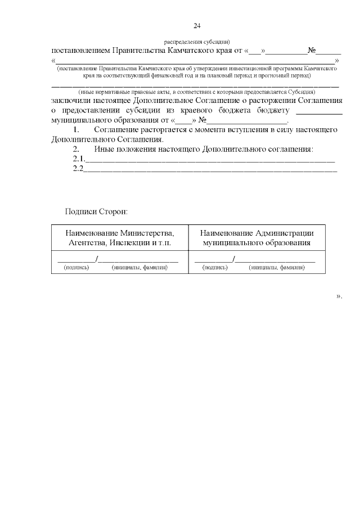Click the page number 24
197,26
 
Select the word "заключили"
70,100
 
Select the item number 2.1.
78,159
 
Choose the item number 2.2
78,169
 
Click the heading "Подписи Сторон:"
96,212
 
